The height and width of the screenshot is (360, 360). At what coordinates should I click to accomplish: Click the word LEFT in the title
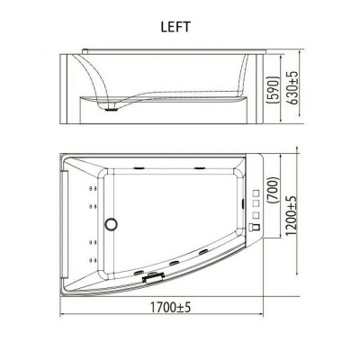tap(175, 27)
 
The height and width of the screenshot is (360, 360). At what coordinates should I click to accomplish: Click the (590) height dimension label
tap(274, 90)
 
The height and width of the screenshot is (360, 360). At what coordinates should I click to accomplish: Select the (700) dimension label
tap(274, 191)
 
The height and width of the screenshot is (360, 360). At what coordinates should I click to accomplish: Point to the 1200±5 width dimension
tap(291, 215)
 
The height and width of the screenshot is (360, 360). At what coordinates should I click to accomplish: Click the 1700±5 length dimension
tap(170, 307)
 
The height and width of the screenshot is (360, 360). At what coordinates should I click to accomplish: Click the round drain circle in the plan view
tap(111, 224)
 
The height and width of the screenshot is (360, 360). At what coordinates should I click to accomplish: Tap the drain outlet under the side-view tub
tap(112, 108)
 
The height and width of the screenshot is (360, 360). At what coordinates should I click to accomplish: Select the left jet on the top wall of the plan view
tap(139, 168)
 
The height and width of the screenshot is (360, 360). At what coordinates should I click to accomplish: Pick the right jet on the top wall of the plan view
tap(199, 168)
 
